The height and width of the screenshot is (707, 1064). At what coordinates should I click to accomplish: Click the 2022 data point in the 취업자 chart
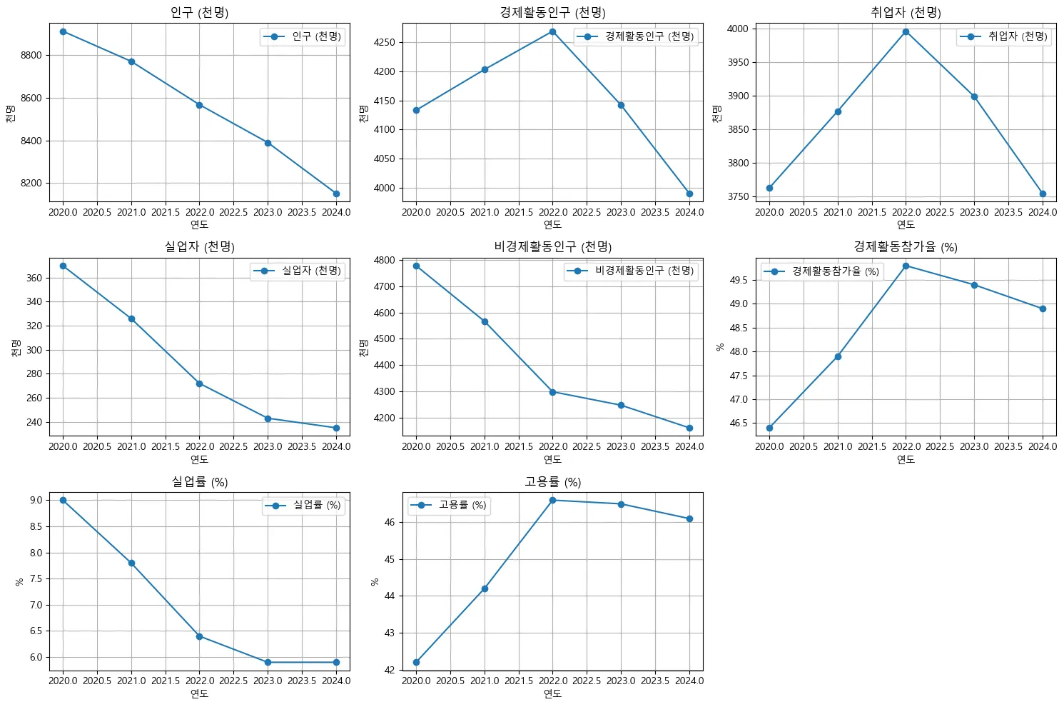(906, 31)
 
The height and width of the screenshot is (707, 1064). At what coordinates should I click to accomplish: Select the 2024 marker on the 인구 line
(336, 194)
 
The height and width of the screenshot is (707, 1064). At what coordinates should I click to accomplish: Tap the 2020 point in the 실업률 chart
(63, 500)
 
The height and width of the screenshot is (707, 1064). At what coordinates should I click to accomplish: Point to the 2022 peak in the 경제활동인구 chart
(552, 31)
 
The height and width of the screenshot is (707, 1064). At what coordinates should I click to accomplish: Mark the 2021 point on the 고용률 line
(485, 588)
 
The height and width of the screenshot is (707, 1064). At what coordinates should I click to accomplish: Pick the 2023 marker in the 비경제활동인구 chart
(621, 405)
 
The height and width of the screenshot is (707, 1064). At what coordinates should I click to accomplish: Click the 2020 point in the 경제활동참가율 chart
(769, 428)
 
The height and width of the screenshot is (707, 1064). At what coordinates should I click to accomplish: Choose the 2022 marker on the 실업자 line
(199, 383)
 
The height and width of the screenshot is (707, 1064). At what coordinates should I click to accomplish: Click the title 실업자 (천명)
(199, 246)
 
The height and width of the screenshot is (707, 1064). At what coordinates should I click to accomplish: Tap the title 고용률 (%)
(552, 482)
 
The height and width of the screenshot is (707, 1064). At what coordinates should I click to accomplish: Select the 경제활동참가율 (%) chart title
(906, 246)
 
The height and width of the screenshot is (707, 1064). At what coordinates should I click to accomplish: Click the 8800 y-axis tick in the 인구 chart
(31, 55)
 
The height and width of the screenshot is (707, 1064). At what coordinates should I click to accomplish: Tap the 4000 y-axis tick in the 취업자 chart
(737, 29)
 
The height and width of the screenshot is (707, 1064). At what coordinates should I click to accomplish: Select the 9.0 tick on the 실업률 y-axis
(36, 500)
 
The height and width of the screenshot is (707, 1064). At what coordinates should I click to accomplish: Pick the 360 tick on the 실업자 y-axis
(34, 278)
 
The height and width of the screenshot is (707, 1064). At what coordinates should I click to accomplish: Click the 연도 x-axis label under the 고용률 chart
(552, 693)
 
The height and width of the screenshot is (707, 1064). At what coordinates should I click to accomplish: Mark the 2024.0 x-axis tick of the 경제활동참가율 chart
(1043, 446)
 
